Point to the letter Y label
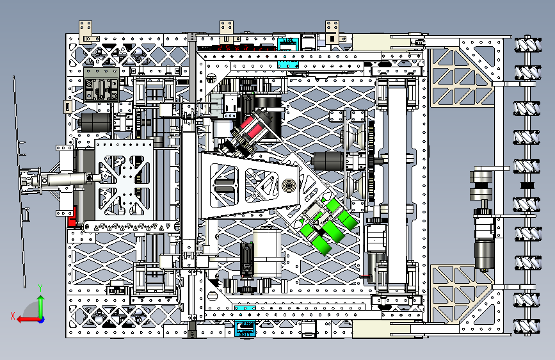pyautogui.click(x=40, y=288)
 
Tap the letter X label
pyautogui.click(x=12, y=315)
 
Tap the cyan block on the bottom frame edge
pyautogui.click(x=245, y=329)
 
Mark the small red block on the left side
pyautogui.click(x=72, y=219)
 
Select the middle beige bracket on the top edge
pyautogui.click(x=226, y=27)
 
